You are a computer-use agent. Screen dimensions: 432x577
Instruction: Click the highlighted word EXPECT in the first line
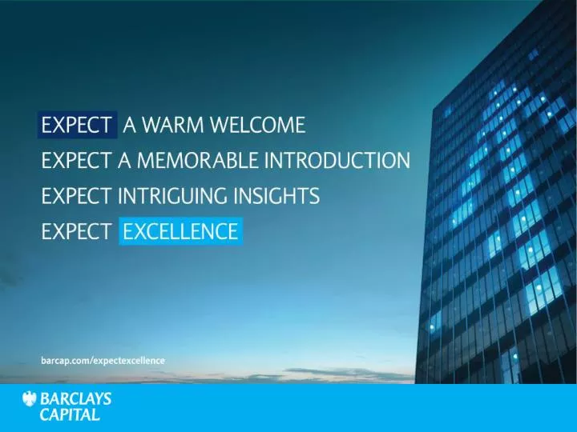tap(77, 125)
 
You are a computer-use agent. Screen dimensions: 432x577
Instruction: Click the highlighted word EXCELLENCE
tap(181, 232)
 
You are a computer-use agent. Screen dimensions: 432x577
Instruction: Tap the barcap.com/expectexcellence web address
tap(103, 361)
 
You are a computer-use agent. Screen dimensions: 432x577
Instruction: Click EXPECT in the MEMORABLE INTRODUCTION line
tap(77, 160)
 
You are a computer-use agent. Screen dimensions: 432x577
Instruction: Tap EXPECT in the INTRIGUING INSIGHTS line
tap(77, 196)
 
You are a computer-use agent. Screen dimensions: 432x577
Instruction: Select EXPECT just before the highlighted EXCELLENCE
tap(77, 232)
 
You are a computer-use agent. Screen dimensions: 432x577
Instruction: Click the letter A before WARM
tap(128, 125)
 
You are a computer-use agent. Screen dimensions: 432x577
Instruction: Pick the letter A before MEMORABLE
tap(124, 160)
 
